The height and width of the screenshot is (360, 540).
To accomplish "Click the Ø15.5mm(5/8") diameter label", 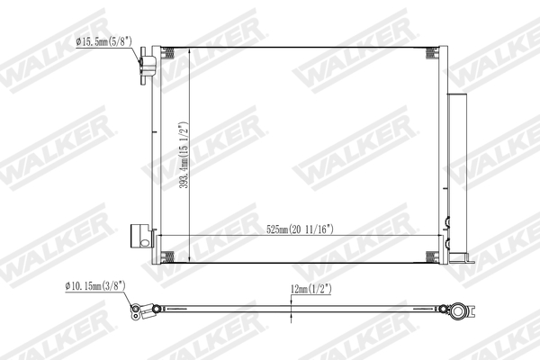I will (x=103, y=41).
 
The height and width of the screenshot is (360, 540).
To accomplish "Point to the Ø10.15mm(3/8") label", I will (x=94, y=286).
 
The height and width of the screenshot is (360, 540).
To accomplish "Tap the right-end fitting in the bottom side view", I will (x=462, y=313).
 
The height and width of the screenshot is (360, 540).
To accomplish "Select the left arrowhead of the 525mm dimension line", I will (x=162, y=236).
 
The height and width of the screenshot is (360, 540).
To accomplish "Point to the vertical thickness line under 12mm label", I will (x=291, y=310).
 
